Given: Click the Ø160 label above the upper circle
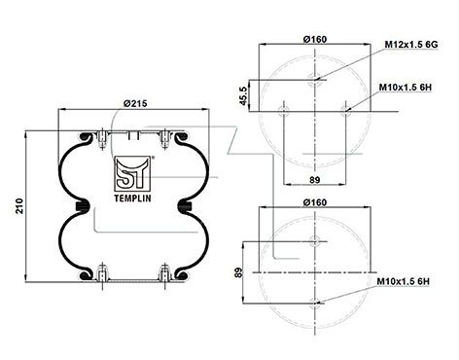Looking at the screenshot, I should tap(313, 36).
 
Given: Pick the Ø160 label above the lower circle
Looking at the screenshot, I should tap(313, 201).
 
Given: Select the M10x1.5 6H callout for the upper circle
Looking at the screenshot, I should tap(405, 88).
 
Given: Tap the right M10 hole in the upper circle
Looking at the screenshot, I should tap(347, 111).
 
